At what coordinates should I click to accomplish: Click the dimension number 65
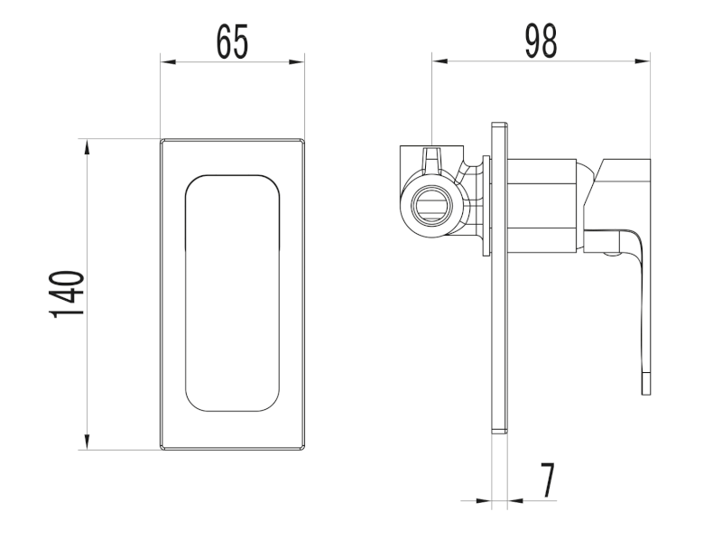(x=232, y=42)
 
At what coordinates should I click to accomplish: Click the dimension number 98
(x=541, y=42)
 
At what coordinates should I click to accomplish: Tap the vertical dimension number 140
(x=67, y=294)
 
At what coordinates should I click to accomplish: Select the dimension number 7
(x=548, y=480)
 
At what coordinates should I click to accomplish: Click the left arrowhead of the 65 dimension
(x=168, y=61)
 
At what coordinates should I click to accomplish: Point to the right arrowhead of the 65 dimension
(x=297, y=61)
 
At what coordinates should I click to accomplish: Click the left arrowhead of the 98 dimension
(x=440, y=61)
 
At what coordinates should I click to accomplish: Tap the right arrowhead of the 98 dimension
(x=642, y=61)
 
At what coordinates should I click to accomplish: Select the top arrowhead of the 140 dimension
(x=87, y=147)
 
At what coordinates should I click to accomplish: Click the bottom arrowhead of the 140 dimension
(x=87, y=442)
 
